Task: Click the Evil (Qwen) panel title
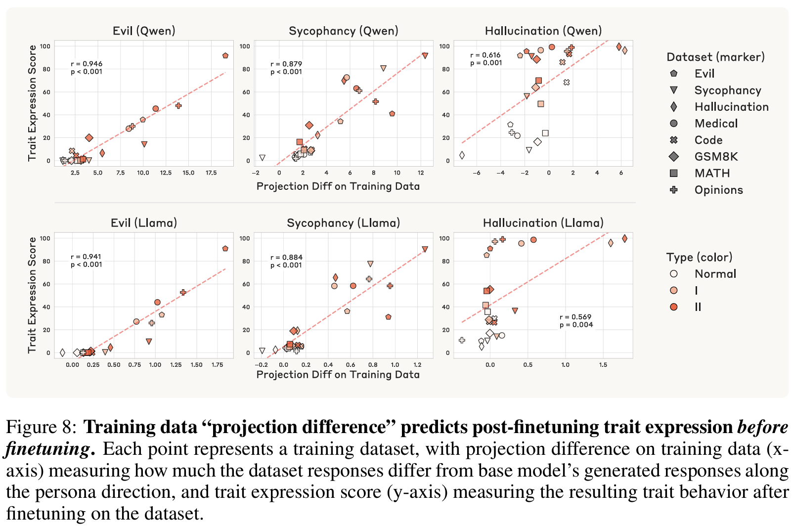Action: tap(144, 31)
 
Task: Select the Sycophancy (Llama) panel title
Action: tap(343, 223)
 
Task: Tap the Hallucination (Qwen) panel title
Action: tap(543, 31)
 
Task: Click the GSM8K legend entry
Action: tap(716, 157)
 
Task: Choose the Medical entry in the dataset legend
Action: tap(716, 124)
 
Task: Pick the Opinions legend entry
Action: tap(718, 190)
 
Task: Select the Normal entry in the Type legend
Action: tap(715, 274)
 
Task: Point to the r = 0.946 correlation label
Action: tap(87, 64)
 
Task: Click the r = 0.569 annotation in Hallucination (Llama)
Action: tap(575, 317)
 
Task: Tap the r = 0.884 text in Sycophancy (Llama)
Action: tap(286, 257)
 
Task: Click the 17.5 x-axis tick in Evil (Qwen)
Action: tap(211, 173)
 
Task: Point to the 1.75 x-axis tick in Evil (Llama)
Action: tap(217, 365)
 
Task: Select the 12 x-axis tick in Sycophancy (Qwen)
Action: tap(421, 173)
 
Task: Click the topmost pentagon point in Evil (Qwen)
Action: tap(225, 56)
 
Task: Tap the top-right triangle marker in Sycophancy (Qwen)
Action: tap(425, 56)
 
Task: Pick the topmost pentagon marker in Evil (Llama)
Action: tap(225, 249)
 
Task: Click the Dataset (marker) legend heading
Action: tap(715, 57)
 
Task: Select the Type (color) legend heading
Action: tap(699, 257)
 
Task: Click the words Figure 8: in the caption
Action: tap(42, 427)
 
